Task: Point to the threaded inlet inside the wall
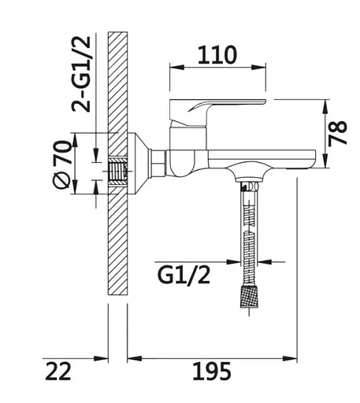pyautogui.click(x=119, y=170)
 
